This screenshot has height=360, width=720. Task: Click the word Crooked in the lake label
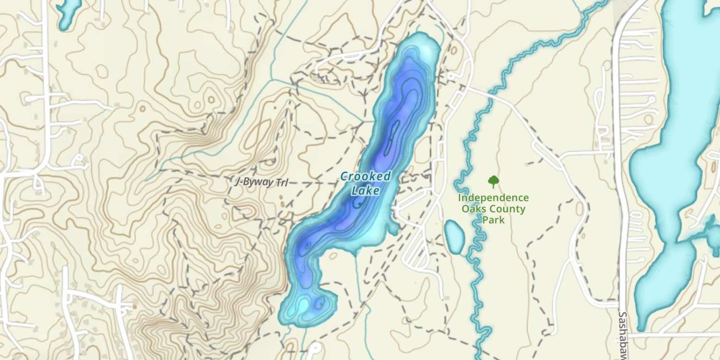[x=366, y=177]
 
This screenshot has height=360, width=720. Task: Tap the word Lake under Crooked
[x=366, y=191]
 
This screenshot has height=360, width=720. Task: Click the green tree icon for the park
[x=493, y=181]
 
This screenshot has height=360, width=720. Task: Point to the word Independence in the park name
[x=493, y=198]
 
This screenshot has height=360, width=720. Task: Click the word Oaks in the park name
[x=473, y=209]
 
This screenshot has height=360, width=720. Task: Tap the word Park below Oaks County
[x=493, y=220]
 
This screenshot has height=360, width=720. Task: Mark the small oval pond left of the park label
[x=454, y=236]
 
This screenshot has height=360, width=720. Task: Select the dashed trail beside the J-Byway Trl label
[x=307, y=183]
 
